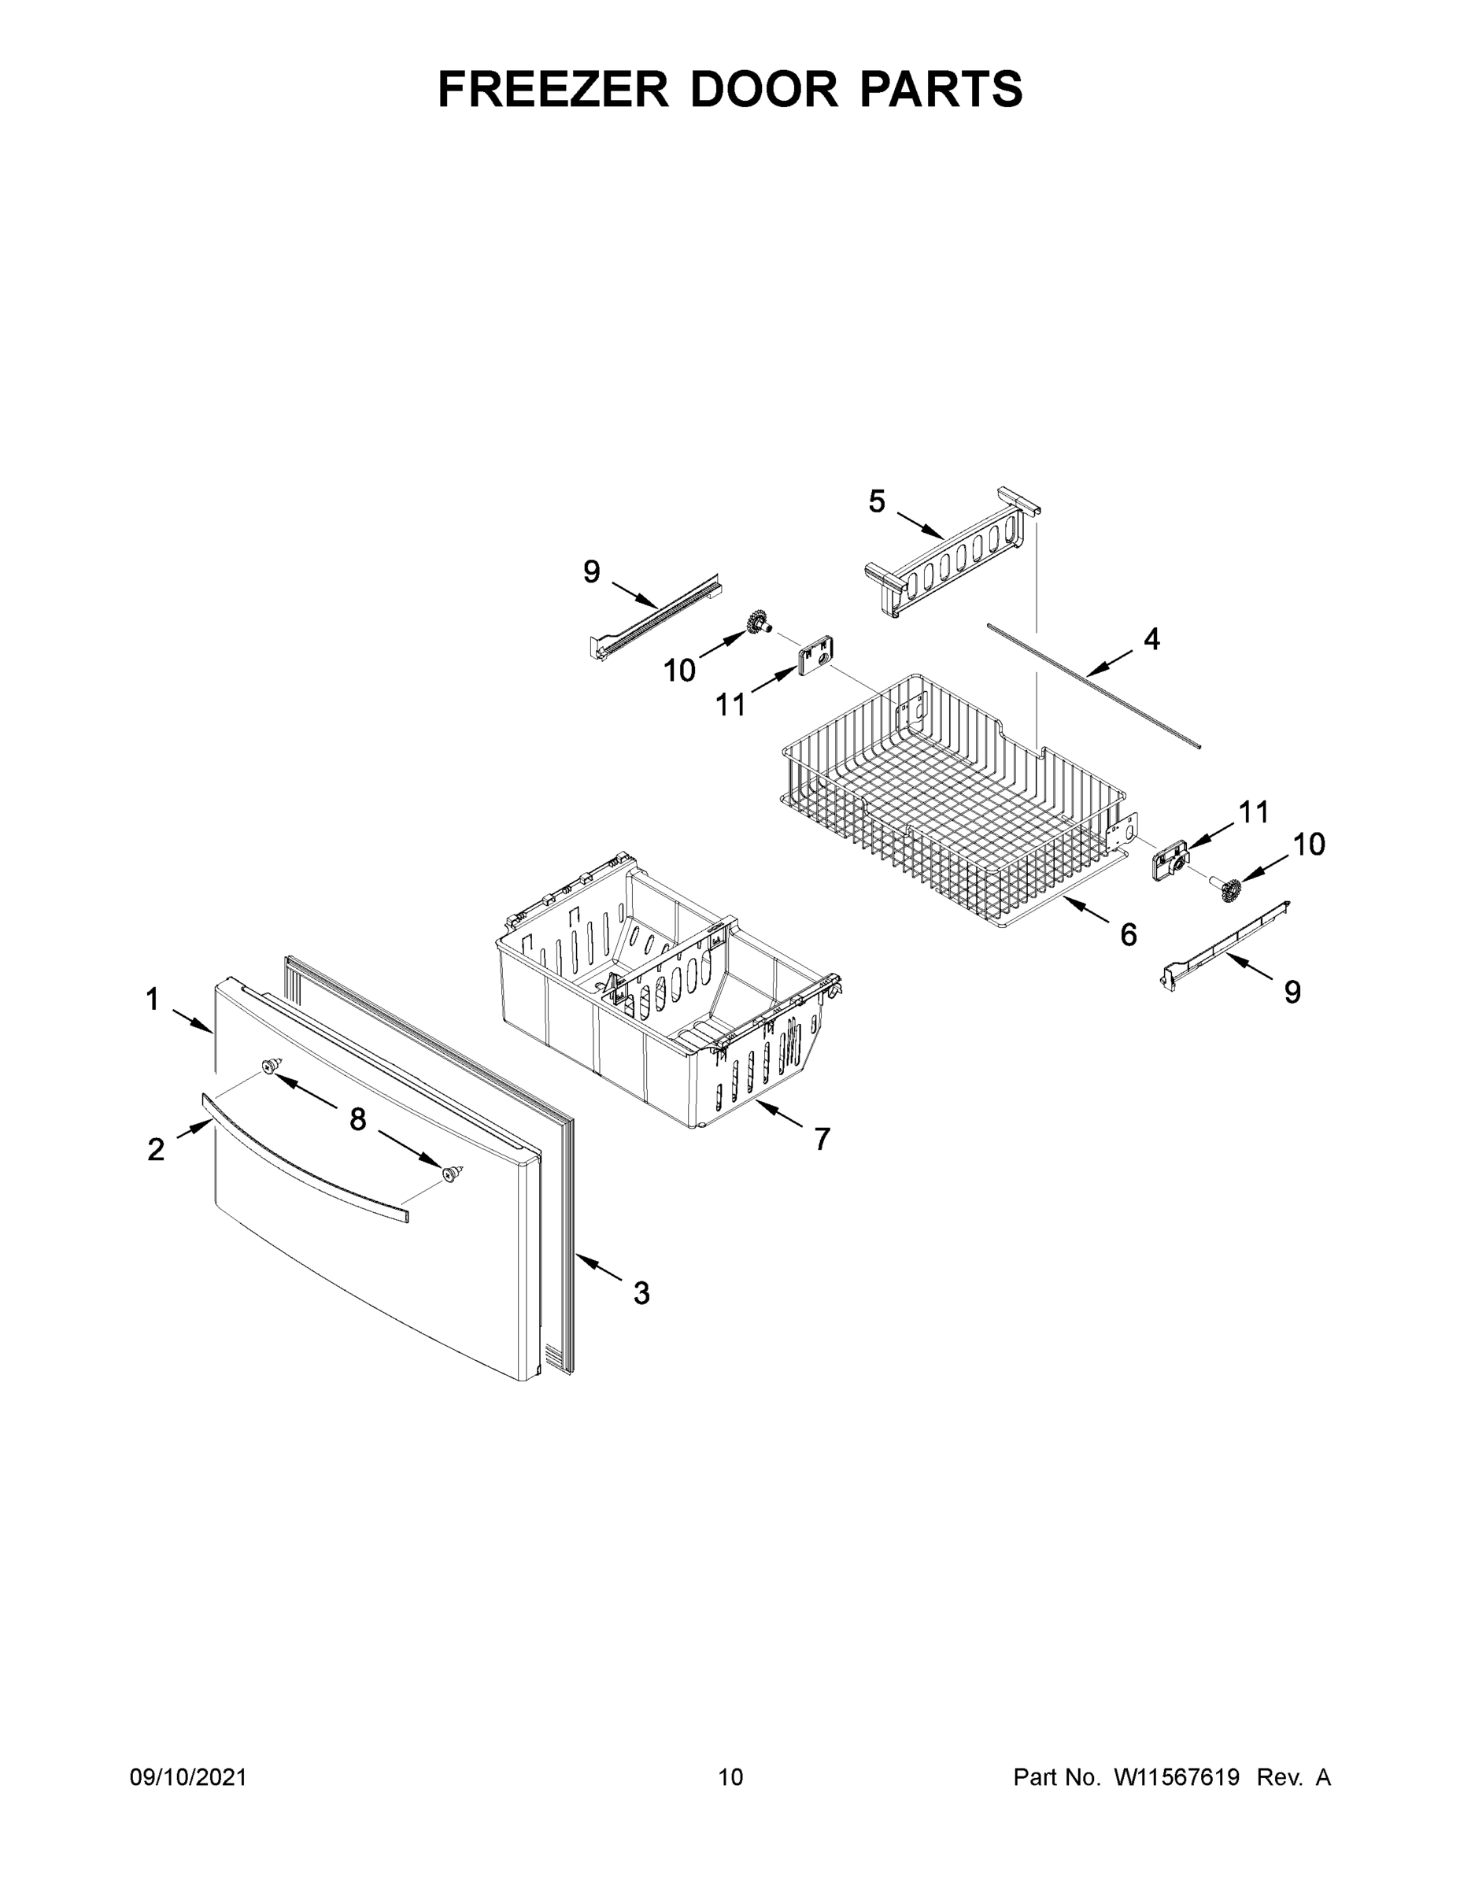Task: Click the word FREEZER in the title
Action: click(x=553, y=89)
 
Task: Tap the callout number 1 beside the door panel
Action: click(x=152, y=1000)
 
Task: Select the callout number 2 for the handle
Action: click(x=156, y=1149)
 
